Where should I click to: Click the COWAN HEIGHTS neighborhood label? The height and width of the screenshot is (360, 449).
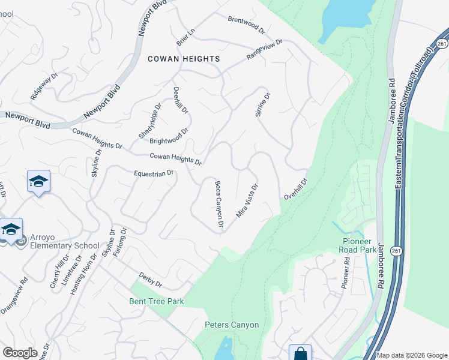(x=184, y=59)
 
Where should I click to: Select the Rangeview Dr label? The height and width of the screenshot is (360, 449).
(x=264, y=50)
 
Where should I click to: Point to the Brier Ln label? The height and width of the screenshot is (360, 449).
(x=185, y=37)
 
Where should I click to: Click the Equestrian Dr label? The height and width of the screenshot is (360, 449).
(x=154, y=173)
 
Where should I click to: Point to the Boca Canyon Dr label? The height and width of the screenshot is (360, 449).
(x=219, y=205)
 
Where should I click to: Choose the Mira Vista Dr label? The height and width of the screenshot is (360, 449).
(x=247, y=200)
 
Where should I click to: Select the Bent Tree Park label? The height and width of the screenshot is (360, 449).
(x=156, y=301)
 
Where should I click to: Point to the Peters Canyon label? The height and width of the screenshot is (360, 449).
(x=232, y=325)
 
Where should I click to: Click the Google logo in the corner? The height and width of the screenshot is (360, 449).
(x=20, y=353)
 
